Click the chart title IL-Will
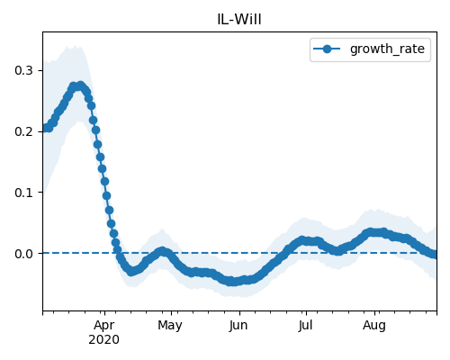pos(239,19)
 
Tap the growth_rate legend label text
pos(387,49)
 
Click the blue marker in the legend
pos(327,49)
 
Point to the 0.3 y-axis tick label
pos(23,70)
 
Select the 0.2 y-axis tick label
pos(23,131)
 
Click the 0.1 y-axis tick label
pos(23,193)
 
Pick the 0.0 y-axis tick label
pos(23,254)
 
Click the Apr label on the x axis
pos(104,326)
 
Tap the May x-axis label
pos(170,326)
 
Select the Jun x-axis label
pos(238,326)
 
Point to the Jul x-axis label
pos(305,325)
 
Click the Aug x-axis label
pos(374,326)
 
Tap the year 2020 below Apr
pos(103,339)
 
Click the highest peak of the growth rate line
pos(80,85)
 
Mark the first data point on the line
pos(44,129)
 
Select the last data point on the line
pos(436,255)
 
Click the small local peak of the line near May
pos(162,251)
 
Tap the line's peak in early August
pos(375,232)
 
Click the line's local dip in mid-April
pos(130,272)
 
